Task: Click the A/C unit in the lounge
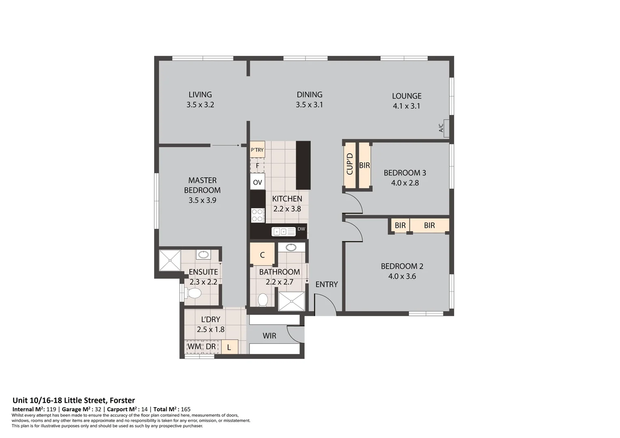[446, 128]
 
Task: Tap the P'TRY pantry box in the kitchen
[257, 150]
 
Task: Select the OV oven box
[257, 182]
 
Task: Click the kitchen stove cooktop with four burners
[257, 215]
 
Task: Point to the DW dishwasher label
[301, 229]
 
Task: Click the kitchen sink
[283, 232]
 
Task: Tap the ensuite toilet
[194, 293]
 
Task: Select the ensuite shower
[170, 260]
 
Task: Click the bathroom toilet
[263, 300]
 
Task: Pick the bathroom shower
[291, 301]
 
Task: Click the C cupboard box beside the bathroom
[262, 255]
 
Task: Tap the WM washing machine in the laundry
[194, 347]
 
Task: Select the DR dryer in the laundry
[211, 347]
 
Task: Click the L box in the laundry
[229, 347]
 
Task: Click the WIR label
[269, 336]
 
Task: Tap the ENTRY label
[326, 284]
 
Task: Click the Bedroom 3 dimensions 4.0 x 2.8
[405, 183]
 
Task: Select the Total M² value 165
[185, 409]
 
